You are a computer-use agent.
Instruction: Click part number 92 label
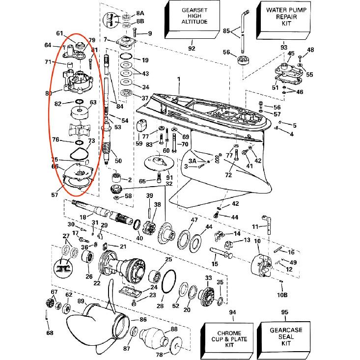pos(192,48)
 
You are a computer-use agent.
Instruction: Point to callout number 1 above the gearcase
pos(179,79)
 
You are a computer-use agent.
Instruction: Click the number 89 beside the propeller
pos(81,301)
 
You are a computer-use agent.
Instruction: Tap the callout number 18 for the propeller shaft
pos(83,217)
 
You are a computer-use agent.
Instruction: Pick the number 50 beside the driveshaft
pos(118,161)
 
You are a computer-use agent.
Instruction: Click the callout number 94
pos(232,312)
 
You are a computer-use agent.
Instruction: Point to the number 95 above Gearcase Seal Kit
pos(284,312)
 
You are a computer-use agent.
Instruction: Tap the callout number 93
pos(284,48)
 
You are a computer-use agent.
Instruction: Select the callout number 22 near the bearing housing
pos(97,283)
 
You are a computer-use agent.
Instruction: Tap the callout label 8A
pos(140,13)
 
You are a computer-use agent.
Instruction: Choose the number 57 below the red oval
pos(54,194)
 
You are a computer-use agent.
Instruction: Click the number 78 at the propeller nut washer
pos(159,355)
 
